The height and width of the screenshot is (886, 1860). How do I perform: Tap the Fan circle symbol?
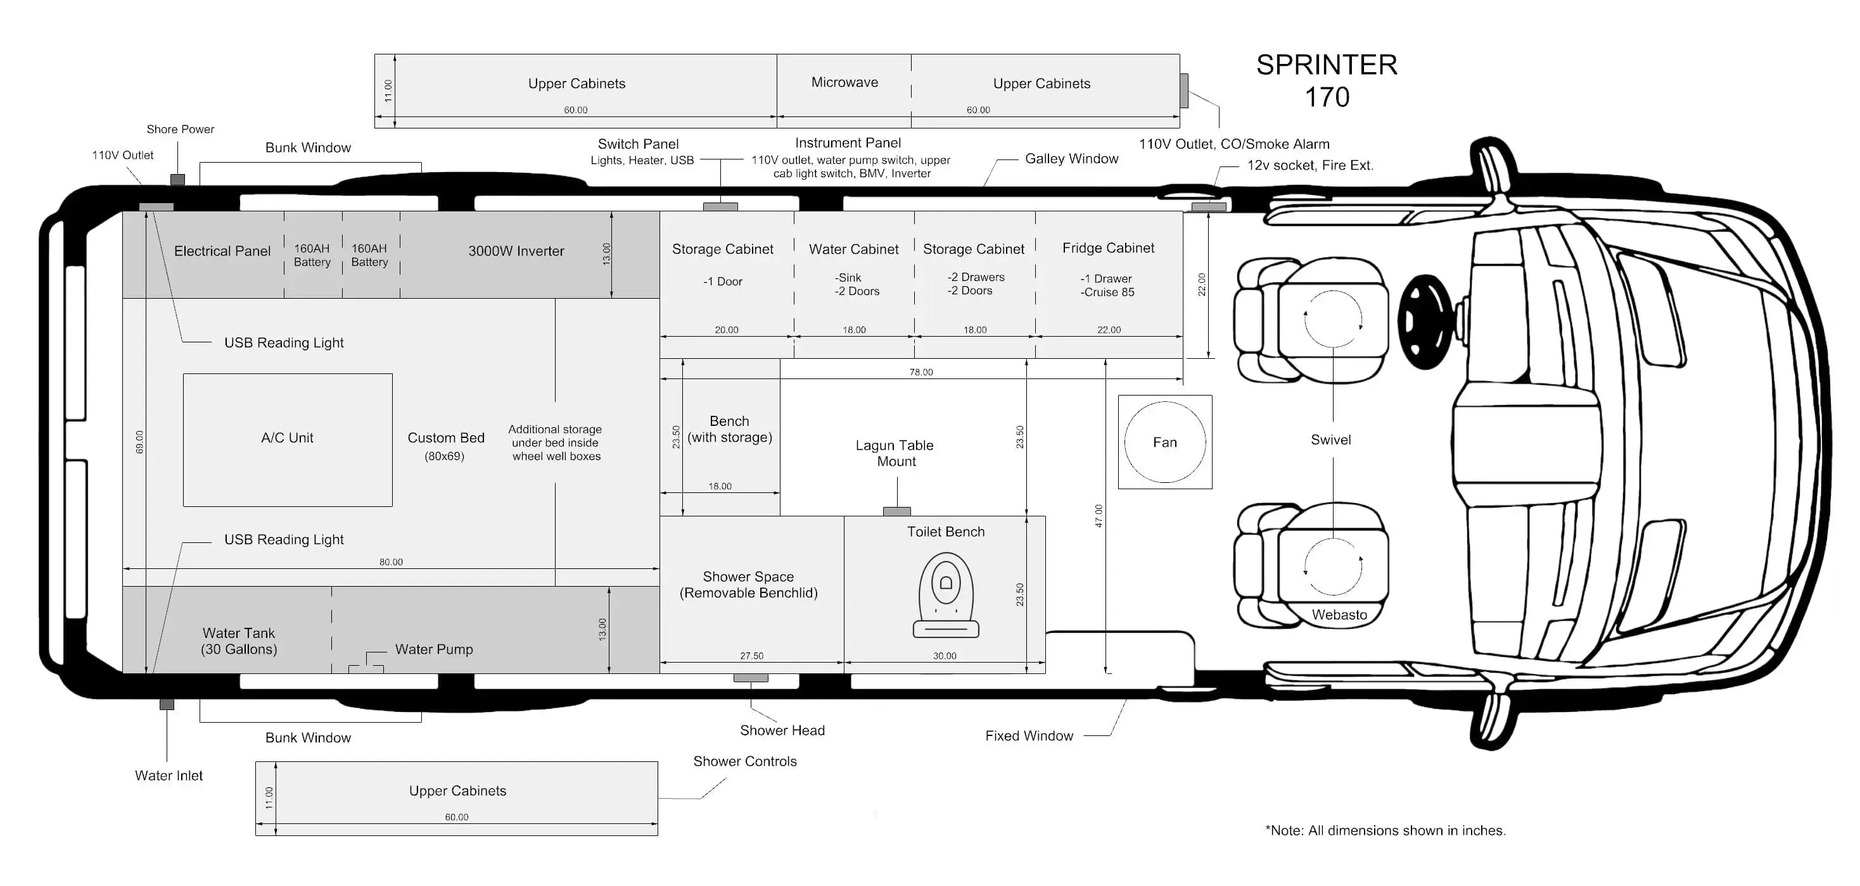pyautogui.click(x=1164, y=442)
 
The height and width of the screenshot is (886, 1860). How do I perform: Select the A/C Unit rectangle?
pyautogui.click(x=288, y=439)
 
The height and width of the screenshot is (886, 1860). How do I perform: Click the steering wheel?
pyautogui.click(x=1425, y=321)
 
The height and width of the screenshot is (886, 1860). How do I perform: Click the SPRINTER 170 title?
pyautogui.click(x=1327, y=80)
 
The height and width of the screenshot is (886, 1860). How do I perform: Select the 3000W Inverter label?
pyautogui.click(x=516, y=251)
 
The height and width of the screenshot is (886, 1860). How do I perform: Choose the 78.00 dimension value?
pyautogui.click(x=920, y=372)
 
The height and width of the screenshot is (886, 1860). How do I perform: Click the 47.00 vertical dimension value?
pyautogui.click(x=1099, y=515)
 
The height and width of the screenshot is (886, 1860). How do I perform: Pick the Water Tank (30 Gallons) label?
pyautogui.click(x=239, y=640)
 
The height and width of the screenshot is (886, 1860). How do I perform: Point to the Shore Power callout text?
pyautogui.click(x=180, y=129)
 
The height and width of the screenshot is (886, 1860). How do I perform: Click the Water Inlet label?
pyautogui.click(x=169, y=776)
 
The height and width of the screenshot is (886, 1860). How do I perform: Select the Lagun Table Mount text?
pyautogui.click(x=895, y=453)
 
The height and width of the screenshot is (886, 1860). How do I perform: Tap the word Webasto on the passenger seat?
pyautogui.click(x=1339, y=615)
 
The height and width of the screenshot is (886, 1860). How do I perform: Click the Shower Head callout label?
pyautogui.click(x=782, y=730)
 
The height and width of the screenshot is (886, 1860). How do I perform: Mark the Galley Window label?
pyautogui.click(x=1071, y=159)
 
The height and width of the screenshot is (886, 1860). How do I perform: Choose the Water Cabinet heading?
pyautogui.click(x=853, y=249)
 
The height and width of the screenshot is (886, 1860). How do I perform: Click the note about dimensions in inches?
pyautogui.click(x=1385, y=830)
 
